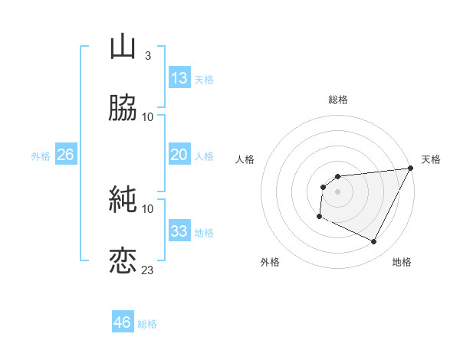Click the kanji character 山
[x=123, y=47]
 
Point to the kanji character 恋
[x=123, y=260]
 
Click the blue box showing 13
[x=179, y=78]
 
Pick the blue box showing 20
[x=179, y=155]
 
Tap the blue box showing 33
[x=179, y=231]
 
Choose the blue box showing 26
[x=65, y=155]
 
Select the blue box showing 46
[x=123, y=322]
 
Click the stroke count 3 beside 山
[x=147, y=56]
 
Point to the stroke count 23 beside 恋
[x=148, y=270]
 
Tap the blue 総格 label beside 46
[x=147, y=324]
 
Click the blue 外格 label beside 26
[x=41, y=156]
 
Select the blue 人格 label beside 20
[x=204, y=156]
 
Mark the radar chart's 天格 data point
[x=412, y=169]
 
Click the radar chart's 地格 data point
[x=374, y=242]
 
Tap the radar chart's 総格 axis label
[x=337, y=100]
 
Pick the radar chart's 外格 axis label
[x=270, y=262]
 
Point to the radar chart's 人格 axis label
[x=245, y=159]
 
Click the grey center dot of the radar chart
[x=337, y=191]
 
